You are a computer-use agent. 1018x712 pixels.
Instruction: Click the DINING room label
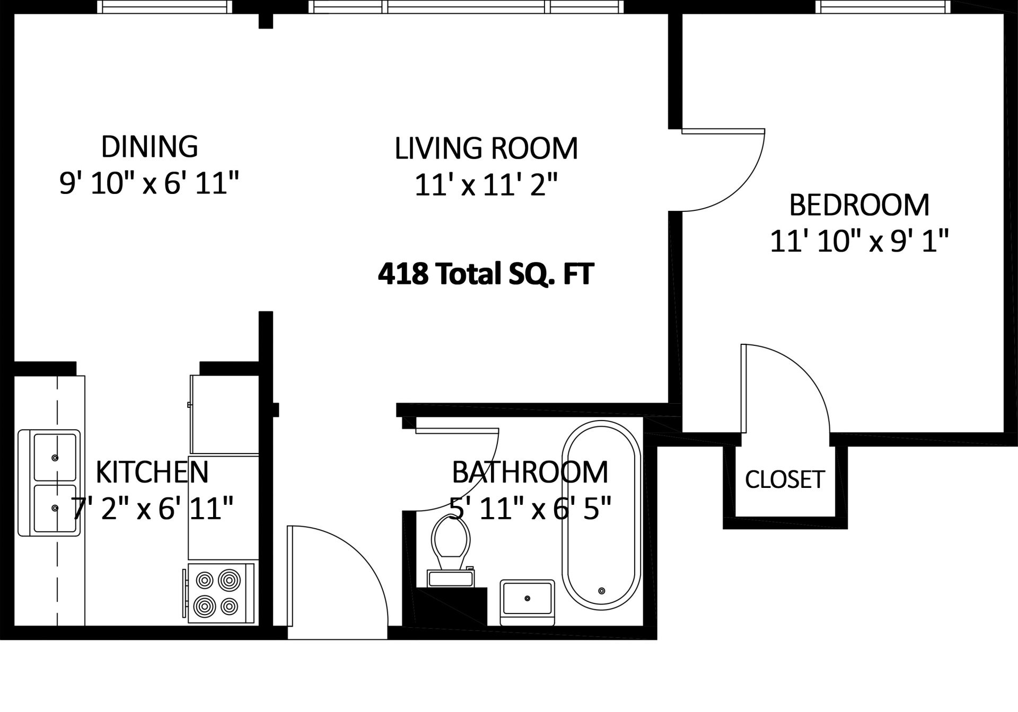(150, 147)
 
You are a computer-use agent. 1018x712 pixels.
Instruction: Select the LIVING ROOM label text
(486, 148)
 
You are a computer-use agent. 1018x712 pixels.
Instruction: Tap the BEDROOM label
(859, 205)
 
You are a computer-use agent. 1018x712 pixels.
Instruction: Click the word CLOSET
(785, 479)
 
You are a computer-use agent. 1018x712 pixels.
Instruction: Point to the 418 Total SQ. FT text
(486, 274)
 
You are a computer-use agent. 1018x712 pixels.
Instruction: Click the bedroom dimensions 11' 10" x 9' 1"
(859, 242)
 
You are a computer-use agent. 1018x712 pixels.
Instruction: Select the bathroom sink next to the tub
(527, 602)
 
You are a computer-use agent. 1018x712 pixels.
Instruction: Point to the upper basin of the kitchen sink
(55, 457)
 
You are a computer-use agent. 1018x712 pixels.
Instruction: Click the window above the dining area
(166, 7)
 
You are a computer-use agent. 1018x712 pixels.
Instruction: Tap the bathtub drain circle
(601, 591)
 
